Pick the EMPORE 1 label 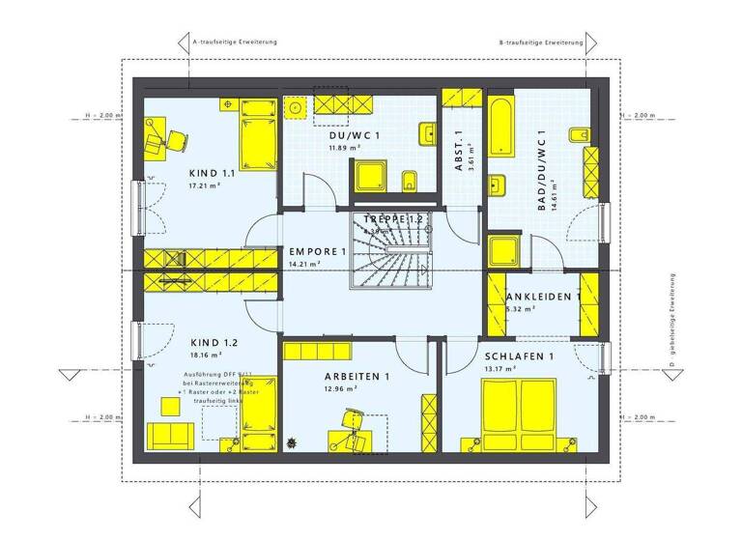click(x=317, y=252)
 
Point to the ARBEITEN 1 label click(x=357, y=376)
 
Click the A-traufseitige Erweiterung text click(x=236, y=43)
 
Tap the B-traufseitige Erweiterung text click(x=540, y=43)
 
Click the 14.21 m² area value click(x=305, y=264)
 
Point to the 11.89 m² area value click(x=344, y=148)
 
